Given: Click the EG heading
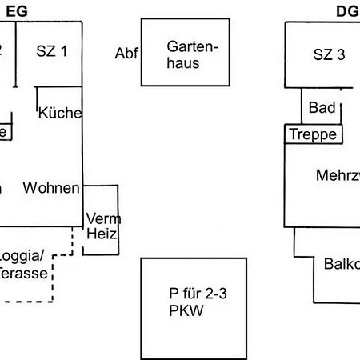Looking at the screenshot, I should click(18, 10).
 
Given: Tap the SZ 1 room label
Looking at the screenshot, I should click(52, 52).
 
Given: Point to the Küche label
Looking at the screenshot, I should click(60, 113).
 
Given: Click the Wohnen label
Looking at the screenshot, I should click(51, 188).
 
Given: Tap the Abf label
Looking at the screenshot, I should click(126, 54).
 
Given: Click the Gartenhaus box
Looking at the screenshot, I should click(186, 53).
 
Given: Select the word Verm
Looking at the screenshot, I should click(102, 218).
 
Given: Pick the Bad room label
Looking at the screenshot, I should click(322, 107).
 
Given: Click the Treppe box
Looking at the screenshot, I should click(313, 134).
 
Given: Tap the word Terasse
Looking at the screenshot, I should click(24, 273).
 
